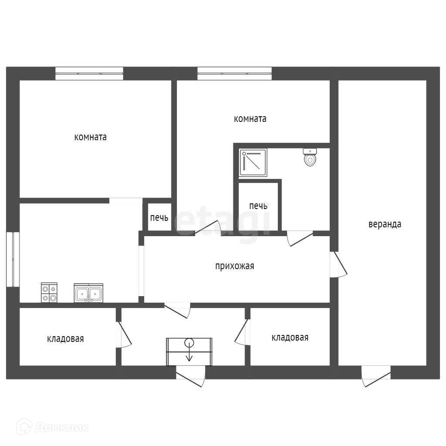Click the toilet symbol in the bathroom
(310, 157)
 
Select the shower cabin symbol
(253, 162)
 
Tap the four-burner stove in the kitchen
(49, 292)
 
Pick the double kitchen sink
(88, 293)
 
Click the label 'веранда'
(385, 224)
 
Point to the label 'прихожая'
(234, 266)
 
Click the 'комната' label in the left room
(91, 137)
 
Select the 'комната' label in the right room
(250, 118)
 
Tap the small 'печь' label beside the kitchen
(159, 218)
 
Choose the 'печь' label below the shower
(258, 206)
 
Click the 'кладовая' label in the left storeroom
(65, 339)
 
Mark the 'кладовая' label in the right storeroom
(290, 338)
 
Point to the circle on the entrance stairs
(189, 343)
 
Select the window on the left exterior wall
(13, 260)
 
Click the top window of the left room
(89, 73)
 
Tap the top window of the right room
(234, 73)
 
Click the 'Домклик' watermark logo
(53, 427)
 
